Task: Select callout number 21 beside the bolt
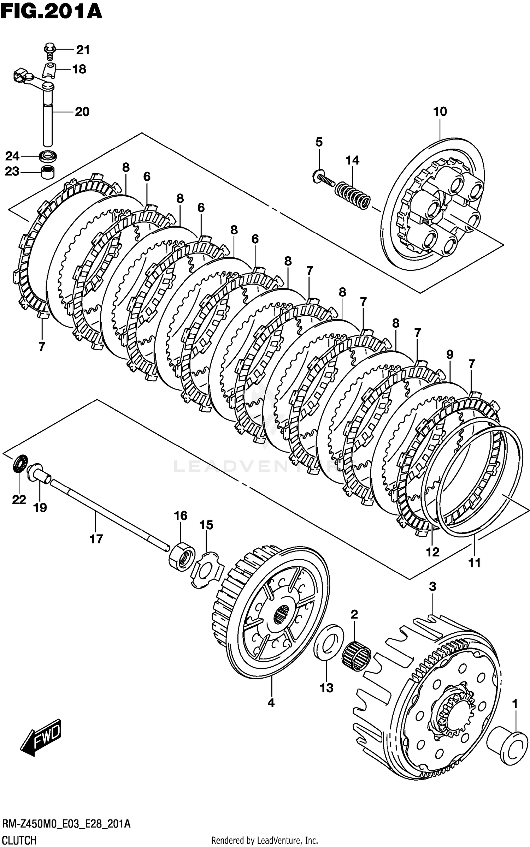[x=83, y=50]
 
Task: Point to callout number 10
[x=440, y=112]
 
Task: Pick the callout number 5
[x=319, y=142]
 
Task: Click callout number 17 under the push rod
[x=96, y=539]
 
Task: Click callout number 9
[x=449, y=354]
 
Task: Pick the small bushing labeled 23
[x=48, y=172]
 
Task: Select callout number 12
[x=432, y=551]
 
